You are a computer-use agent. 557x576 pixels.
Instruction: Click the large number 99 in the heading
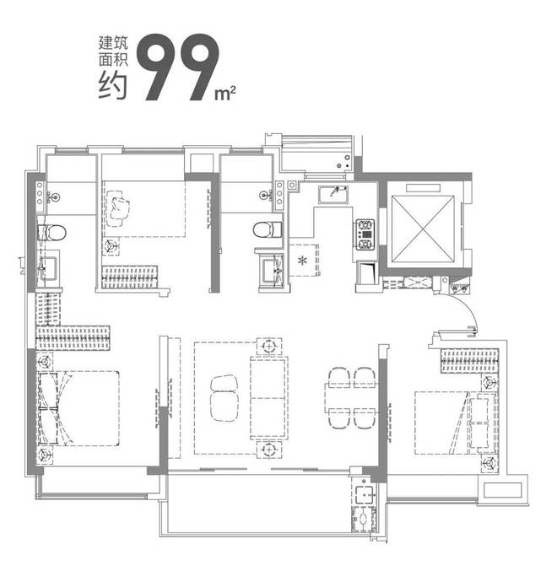tap(178, 67)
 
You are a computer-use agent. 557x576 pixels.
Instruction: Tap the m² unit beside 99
tap(225, 94)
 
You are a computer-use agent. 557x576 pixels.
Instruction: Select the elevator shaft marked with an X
tap(423, 229)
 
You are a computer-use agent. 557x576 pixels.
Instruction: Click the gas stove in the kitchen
tap(365, 234)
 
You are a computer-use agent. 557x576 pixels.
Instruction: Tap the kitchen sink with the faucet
tap(333, 194)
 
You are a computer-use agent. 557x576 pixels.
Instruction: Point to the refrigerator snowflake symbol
tap(303, 261)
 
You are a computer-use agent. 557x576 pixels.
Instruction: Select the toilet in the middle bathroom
tap(267, 230)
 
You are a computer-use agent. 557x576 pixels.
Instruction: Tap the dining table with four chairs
tap(350, 398)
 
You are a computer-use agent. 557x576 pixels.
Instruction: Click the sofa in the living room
tap(268, 398)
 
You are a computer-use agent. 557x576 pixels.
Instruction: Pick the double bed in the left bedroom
tap(79, 408)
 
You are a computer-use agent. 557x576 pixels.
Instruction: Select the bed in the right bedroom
tap(455, 423)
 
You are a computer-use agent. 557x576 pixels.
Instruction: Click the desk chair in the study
tap(117, 208)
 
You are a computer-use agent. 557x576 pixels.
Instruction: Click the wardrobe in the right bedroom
tap(469, 361)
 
